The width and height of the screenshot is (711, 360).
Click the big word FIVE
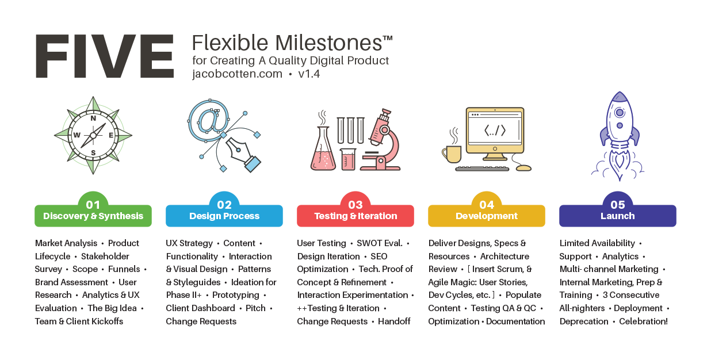(105, 56)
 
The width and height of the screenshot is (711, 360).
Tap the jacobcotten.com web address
(237, 74)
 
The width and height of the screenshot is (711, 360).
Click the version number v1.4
(309, 74)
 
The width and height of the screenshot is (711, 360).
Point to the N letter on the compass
(93, 118)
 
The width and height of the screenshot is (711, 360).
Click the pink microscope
(381, 140)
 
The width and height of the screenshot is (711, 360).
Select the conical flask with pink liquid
(323, 148)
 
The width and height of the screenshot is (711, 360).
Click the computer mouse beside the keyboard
(523, 168)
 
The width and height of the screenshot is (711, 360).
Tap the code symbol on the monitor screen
(495, 131)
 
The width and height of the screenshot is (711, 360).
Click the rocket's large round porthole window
(620, 112)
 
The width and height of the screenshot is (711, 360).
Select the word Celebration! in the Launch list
(643, 321)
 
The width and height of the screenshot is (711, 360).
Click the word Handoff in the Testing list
(394, 321)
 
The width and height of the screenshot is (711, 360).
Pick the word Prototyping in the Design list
(236, 295)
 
